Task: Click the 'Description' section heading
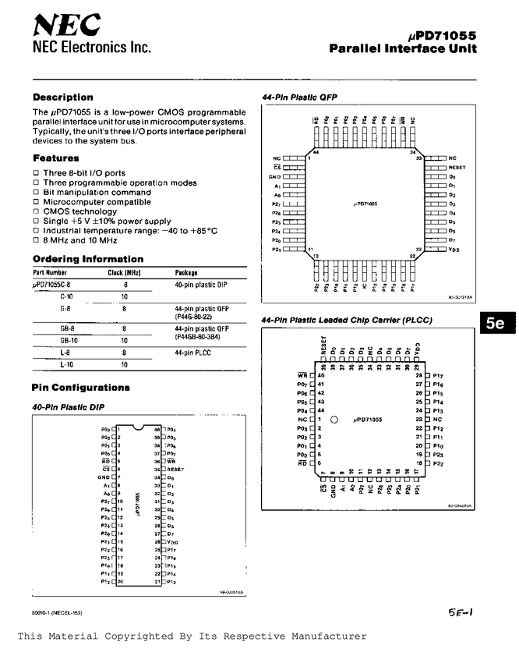(x=62, y=97)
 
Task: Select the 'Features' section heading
(x=55, y=158)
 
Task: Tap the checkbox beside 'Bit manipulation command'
(x=35, y=192)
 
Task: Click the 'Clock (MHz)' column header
(x=122, y=273)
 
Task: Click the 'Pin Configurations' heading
(x=80, y=388)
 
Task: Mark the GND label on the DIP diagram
(x=104, y=477)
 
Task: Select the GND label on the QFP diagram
(x=275, y=177)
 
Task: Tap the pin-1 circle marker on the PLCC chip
(x=334, y=419)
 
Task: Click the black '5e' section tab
(x=495, y=322)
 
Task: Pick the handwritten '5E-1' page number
(x=458, y=613)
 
